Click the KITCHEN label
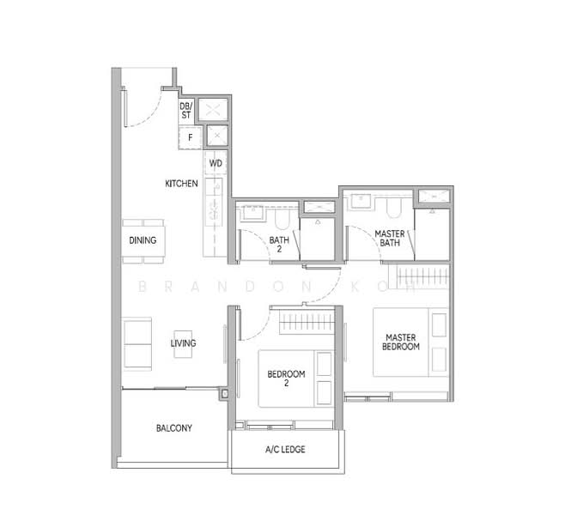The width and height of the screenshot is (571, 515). click(x=181, y=184)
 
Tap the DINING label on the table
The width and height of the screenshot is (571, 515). click(x=143, y=240)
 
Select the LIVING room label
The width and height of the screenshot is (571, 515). click(x=183, y=343)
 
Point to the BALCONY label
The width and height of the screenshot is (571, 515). click(x=174, y=428)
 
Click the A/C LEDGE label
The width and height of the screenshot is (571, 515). click(x=285, y=450)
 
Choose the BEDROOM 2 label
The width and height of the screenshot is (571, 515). click(x=286, y=379)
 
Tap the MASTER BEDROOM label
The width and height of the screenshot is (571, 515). click(x=401, y=342)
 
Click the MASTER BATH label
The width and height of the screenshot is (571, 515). click(x=390, y=238)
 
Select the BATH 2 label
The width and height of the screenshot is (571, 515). click(x=279, y=245)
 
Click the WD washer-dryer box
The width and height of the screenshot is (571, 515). click(x=216, y=163)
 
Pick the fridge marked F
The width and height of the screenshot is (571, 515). click(x=190, y=137)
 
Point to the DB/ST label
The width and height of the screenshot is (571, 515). click(x=186, y=111)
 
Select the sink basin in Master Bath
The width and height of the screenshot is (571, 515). click(x=361, y=201)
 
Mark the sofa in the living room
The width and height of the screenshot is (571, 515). click(x=137, y=344)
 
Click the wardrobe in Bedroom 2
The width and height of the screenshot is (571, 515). click(x=307, y=322)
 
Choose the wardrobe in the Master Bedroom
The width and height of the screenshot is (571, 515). click(x=419, y=276)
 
